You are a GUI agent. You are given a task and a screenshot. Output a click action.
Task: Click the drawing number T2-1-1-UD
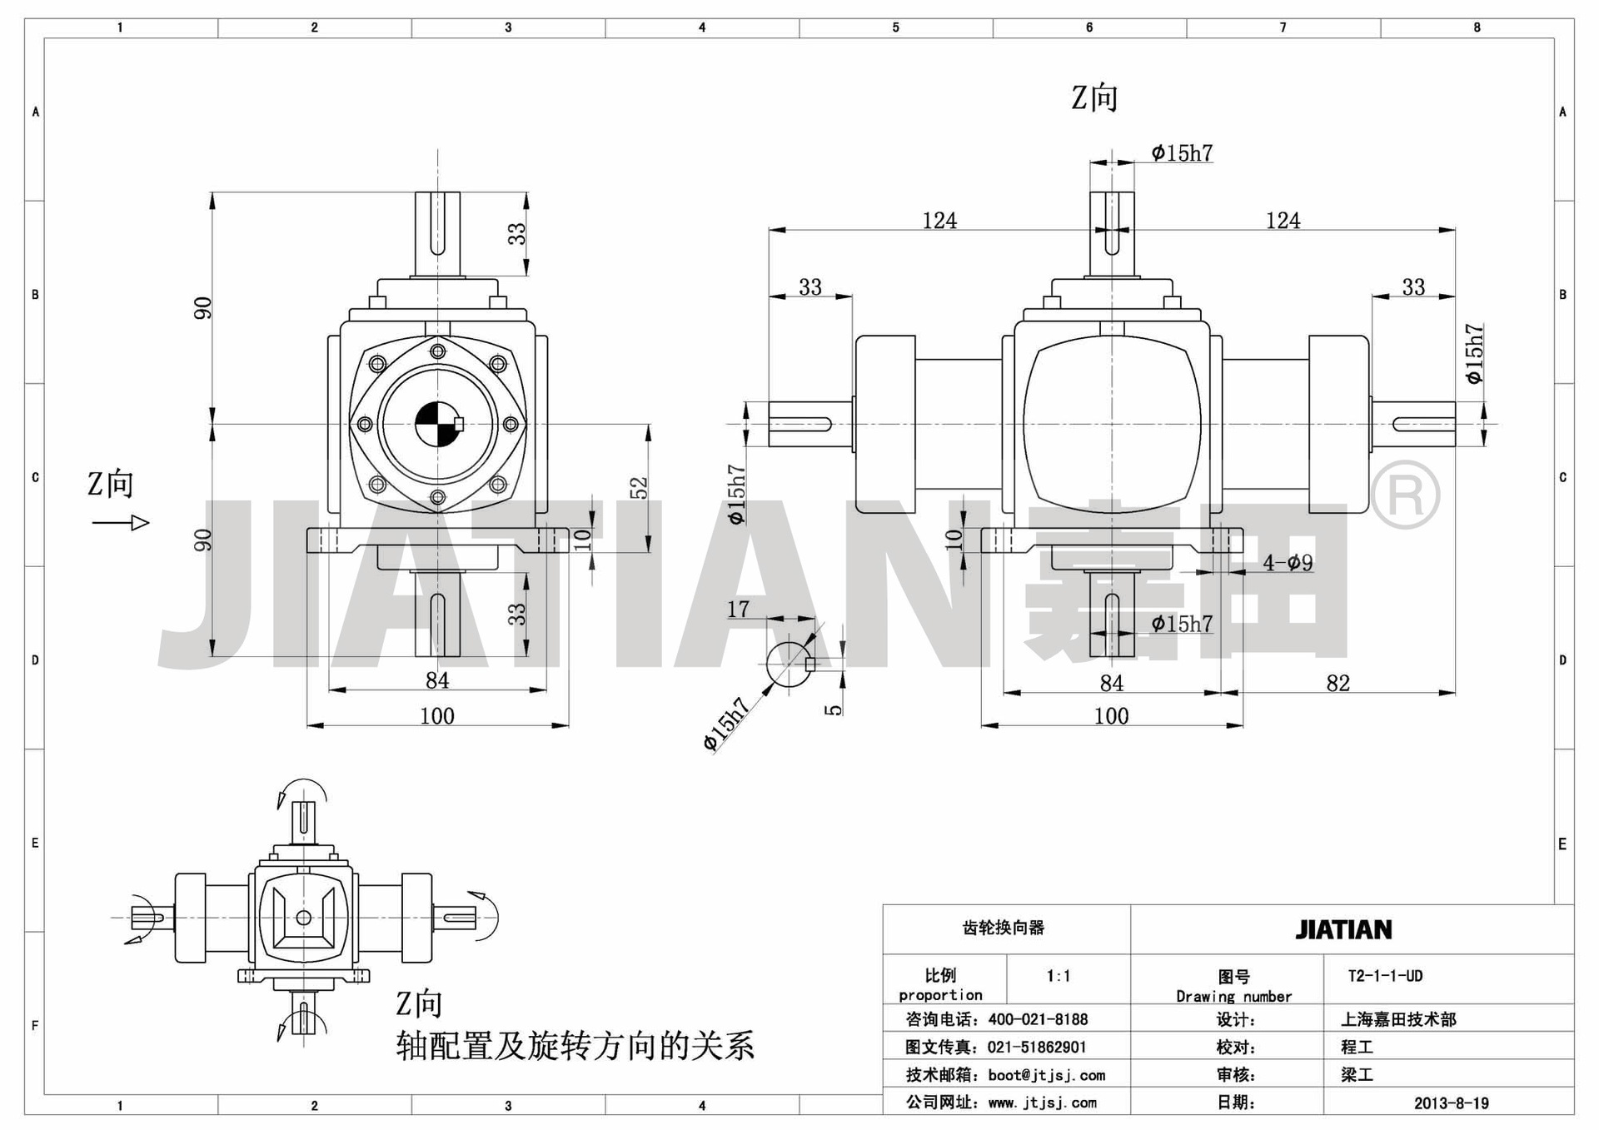pos(1385,976)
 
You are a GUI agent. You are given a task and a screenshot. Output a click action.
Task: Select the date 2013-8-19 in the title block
pos(1451,1103)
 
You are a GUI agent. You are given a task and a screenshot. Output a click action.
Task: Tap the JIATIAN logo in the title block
pos(1343,929)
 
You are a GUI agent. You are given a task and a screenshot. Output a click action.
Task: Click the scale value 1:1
pos(1059,976)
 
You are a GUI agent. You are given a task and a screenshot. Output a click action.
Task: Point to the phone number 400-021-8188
pos(1038,1019)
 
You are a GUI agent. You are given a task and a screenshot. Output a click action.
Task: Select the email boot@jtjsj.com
pos(1047,1075)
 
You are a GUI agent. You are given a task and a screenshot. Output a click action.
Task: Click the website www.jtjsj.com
pos(1043,1103)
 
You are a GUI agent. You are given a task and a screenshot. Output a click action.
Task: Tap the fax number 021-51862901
pos(1037,1048)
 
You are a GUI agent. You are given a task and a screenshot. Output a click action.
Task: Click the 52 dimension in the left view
pos(638,488)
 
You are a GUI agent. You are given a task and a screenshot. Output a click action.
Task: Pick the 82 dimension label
pos(1337,683)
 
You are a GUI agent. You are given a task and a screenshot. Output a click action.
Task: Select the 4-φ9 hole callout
pos(1288,563)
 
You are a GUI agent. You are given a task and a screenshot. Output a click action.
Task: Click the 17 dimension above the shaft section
pos(738,610)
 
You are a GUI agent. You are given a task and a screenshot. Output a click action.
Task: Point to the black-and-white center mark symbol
pos(438,424)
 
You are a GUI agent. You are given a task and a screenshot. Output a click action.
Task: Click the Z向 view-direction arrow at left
pos(121,523)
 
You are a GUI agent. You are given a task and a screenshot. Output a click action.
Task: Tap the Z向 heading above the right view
pos(1094,98)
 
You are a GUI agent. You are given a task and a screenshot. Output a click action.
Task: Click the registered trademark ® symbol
pos(1405,495)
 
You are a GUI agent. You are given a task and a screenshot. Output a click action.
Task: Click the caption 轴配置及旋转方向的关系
pos(575,1046)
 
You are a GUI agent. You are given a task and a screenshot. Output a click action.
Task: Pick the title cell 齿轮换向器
pos(1004,928)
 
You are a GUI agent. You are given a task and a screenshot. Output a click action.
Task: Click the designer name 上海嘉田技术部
pos(1398,1019)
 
